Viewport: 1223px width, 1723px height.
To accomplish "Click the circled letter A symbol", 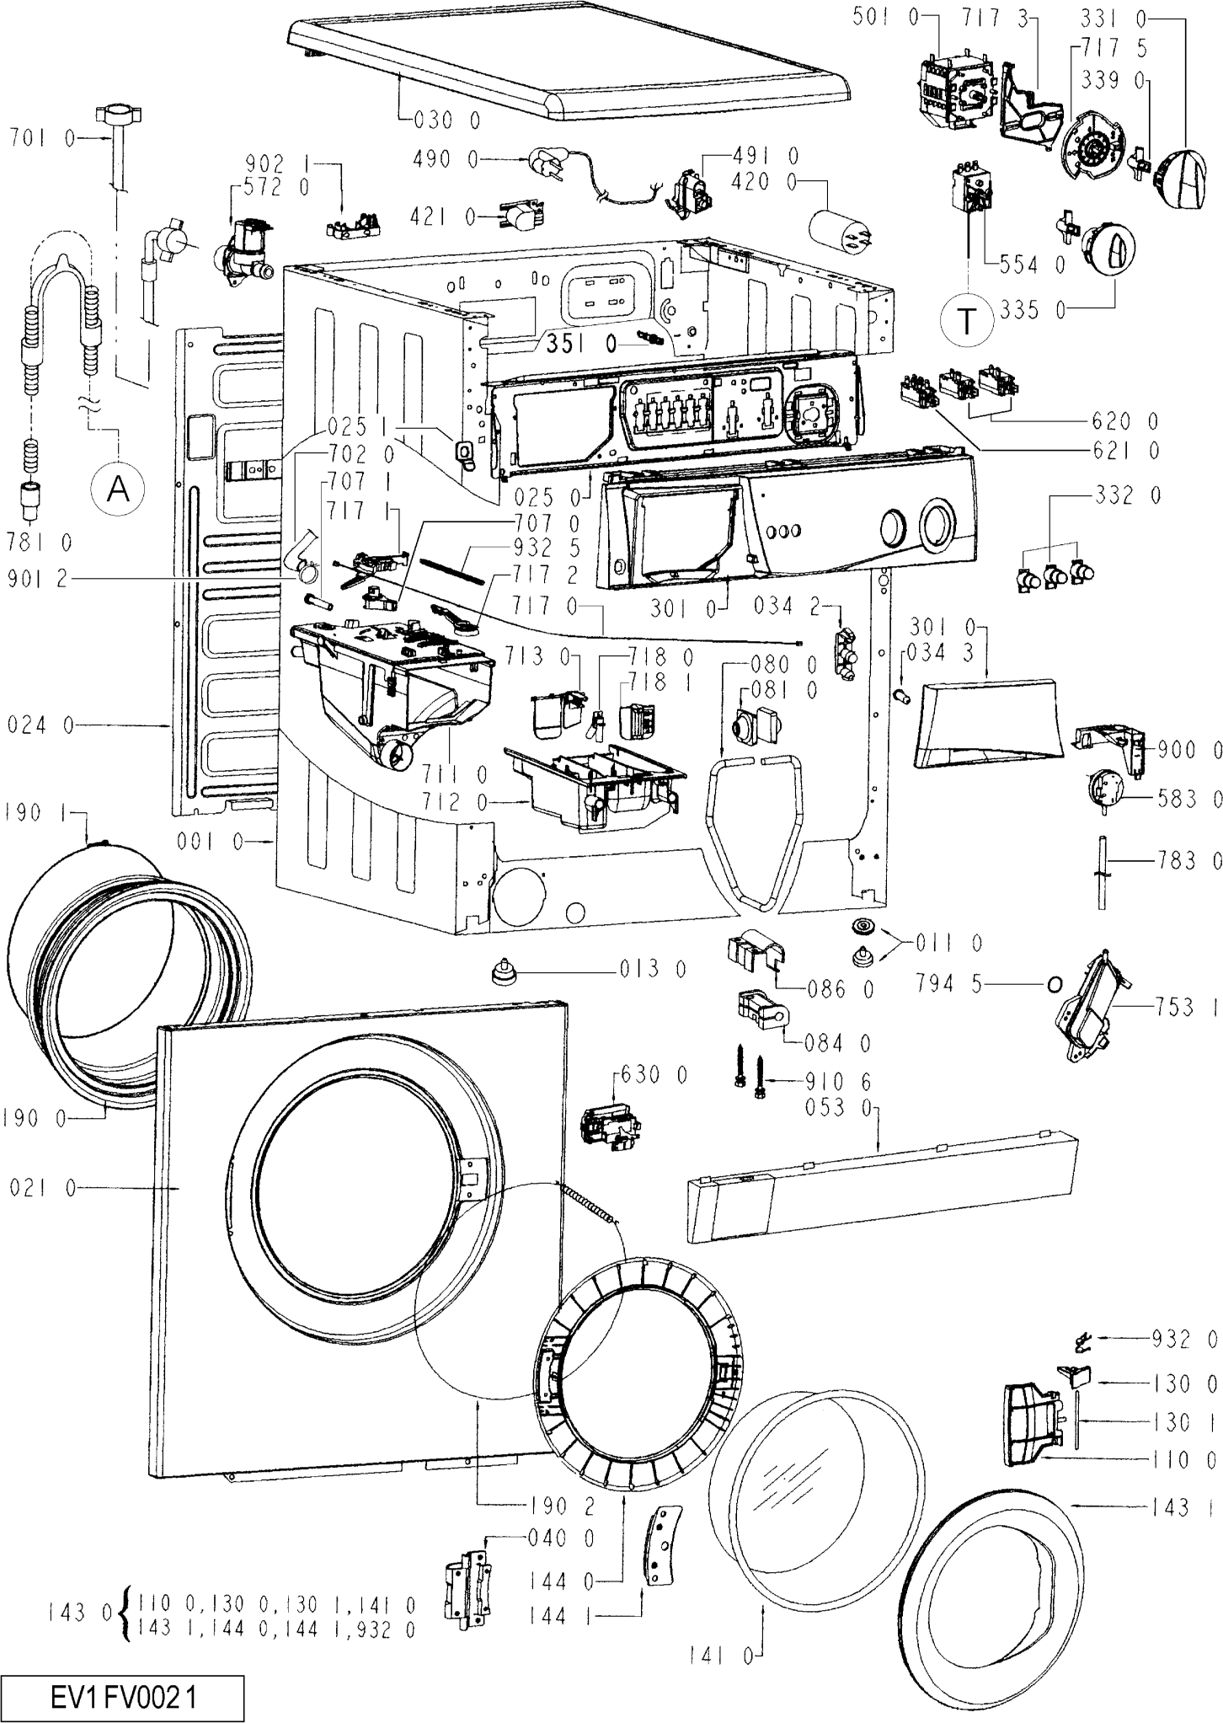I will tap(119, 488).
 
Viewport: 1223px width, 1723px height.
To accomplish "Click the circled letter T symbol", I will tap(968, 320).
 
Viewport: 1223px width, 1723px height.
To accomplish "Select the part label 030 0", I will tap(447, 121).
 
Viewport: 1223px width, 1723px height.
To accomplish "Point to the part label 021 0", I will tap(43, 1188).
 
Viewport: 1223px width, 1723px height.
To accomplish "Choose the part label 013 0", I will tap(653, 970).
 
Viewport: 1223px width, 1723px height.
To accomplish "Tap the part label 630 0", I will tap(654, 1075).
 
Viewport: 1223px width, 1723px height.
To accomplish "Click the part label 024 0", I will tap(41, 725).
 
